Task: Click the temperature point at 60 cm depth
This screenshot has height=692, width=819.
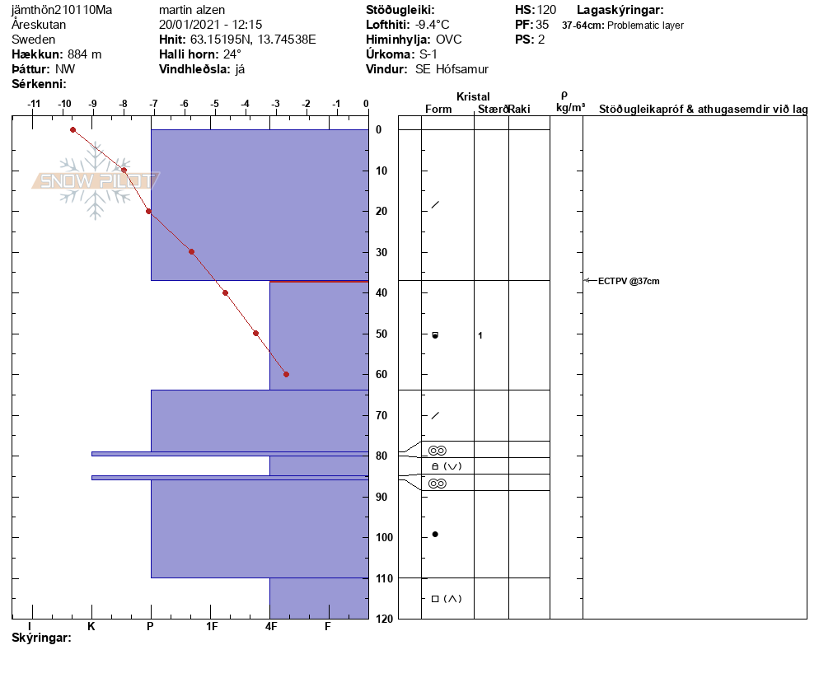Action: pos(286,375)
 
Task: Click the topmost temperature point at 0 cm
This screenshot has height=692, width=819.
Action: pos(73,130)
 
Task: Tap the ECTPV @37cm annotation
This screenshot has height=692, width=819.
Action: pos(629,281)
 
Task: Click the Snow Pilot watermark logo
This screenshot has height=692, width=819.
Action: pos(96,180)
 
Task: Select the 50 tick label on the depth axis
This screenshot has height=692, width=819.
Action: pos(381,334)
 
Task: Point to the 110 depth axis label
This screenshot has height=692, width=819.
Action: pos(384,578)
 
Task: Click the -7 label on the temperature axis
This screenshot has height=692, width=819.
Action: pos(153,104)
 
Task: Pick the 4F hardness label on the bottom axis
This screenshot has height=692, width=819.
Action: pos(270,626)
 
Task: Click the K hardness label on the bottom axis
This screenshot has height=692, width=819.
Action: pos(91,626)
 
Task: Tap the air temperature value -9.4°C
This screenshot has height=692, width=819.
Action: pos(432,25)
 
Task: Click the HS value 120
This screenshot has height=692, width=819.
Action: pos(546,10)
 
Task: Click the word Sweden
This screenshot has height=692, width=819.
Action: pos(34,40)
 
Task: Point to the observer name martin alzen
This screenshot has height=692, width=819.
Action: pos(192,10)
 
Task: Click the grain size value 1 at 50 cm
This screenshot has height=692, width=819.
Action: pos(480,335)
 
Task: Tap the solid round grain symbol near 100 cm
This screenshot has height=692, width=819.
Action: pos(435,535)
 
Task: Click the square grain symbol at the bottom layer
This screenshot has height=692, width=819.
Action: pos(435,599)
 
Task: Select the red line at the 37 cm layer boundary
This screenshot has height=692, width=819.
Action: pos(319,282)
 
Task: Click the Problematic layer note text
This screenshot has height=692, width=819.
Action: pos(646,25)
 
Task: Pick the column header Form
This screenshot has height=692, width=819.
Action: pos(438,109)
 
